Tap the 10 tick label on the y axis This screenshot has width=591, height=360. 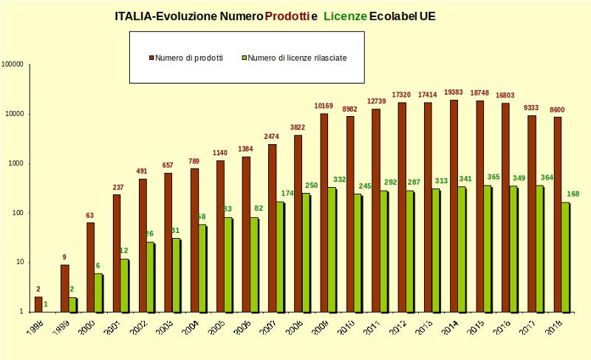tap(21, 262)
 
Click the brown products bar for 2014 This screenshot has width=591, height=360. tap(454, 206)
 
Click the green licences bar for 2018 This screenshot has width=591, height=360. tap(565, 257)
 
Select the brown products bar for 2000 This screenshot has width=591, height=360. tap(90, 267)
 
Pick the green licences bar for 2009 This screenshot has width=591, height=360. tap(332, 249)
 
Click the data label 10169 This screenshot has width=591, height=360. tap(324, 106)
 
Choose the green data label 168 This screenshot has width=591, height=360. tap(574, 194)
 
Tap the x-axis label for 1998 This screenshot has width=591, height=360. tap(33, 327)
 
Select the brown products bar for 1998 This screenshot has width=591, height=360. tap(38, 304)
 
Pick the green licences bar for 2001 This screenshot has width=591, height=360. tap(124, 285)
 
